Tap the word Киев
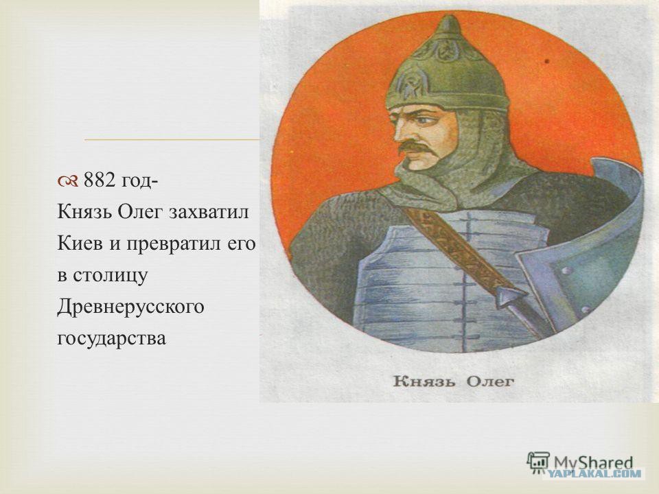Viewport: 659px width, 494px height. pyautogui.click(x=80, y=243)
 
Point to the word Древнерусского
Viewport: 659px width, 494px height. pyautogui.click(x=130, y=307)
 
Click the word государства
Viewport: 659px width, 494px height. pyautogui.click(x=111, y=338)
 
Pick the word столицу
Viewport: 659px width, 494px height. pyautogui.click(x=110, y=276)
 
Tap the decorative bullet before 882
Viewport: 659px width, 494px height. pyautogui.click(x=67, y=181)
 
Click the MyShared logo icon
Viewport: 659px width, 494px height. pyautogui.click(x=538, y=462)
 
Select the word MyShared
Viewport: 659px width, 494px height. pyautogui.click(x=593, y=462)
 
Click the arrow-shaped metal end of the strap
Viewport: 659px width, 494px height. pyautogui.click(x=511, y=297)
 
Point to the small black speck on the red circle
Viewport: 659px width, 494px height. pyautogui.click(x=547, y=61)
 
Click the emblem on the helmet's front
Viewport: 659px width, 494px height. pyautogui.click(x=407, y=86)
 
